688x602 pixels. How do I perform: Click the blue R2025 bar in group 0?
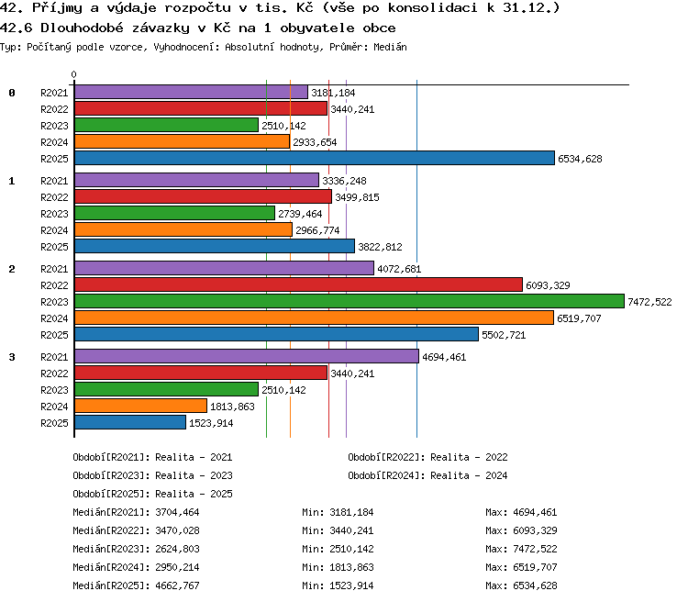click(x=315, y=158)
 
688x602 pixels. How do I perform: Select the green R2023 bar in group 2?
click(x=350, y=301)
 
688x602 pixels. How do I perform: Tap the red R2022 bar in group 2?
click(x=298, y=284)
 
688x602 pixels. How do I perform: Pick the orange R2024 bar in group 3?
click(x=140, y=406)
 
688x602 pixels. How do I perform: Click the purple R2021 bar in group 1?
click(x=196, y=180)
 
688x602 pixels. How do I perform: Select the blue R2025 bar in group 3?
click(x=130, y=422)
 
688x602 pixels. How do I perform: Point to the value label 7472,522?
click(x=649, y=302)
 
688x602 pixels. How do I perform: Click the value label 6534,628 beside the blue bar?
click(x=580, y=159)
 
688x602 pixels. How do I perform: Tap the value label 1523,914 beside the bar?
click(x=211, y=423)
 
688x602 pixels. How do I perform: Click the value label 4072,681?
click(x=399, y=269)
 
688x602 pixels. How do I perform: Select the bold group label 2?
click(x=12, y=269)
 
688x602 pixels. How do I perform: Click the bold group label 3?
click(x=12, y=357)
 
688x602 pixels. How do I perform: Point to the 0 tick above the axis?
click(x=73, y=74)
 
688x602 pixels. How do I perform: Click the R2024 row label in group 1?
click(x=54, y=230)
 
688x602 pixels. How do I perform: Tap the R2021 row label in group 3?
click(x=54, y=357)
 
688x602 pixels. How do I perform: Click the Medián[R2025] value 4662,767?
click(x=177, y=585)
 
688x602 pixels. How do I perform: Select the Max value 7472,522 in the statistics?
click(x=535, y=549)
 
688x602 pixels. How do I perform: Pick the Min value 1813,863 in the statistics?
click(x=351, y=567)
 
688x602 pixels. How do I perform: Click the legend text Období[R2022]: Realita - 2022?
click(x=427, y=457)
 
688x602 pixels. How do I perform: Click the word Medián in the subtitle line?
click(x=390, y=47)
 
